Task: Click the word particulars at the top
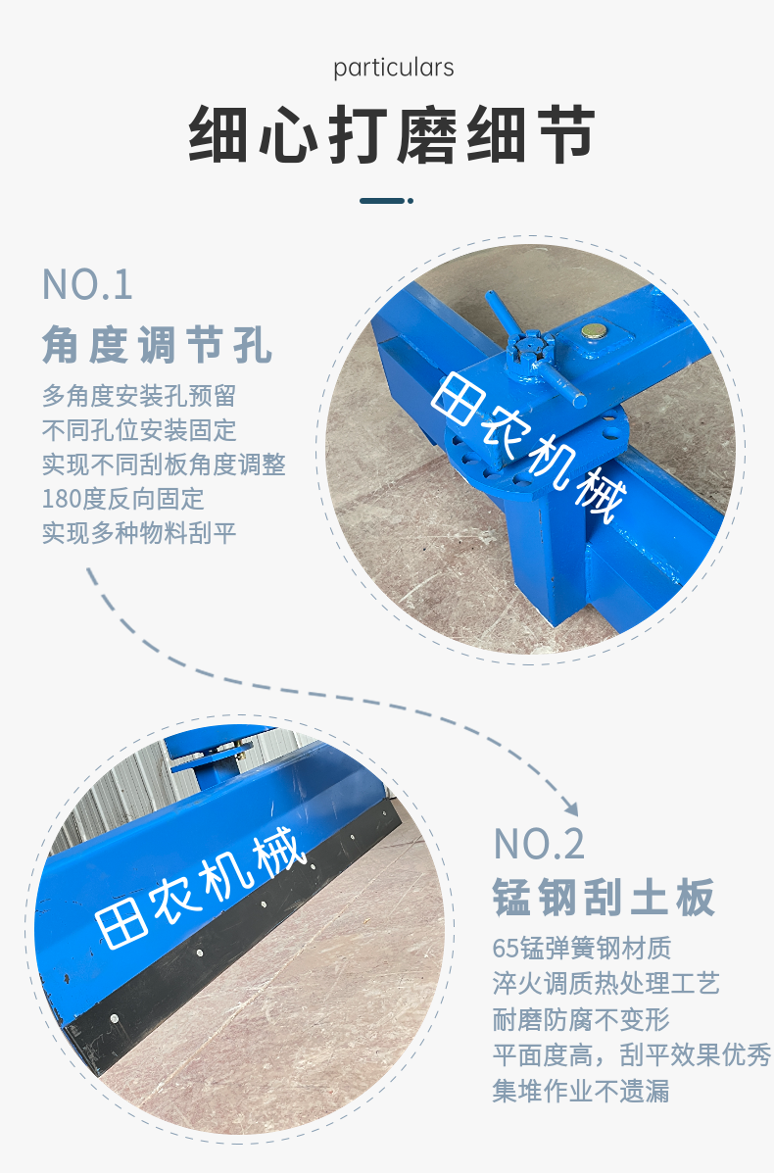pos(393,69)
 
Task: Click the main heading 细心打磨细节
pos(392,134)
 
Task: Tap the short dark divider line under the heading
pos(386,201)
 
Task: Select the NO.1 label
pos(87,285)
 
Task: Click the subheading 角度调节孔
pos(157,345)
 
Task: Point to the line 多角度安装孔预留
pos(139,395)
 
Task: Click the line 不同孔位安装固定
pos(139,430)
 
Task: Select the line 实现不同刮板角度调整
pos(164,464)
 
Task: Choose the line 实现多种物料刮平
pos(139,533)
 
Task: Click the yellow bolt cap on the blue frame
pos(594,330)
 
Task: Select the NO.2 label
pos(539,845)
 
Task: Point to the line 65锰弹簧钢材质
pos(582,948)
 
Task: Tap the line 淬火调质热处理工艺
pos(605,983)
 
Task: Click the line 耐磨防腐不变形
pos(581,1019)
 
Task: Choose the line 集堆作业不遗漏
pos(581,1091)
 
